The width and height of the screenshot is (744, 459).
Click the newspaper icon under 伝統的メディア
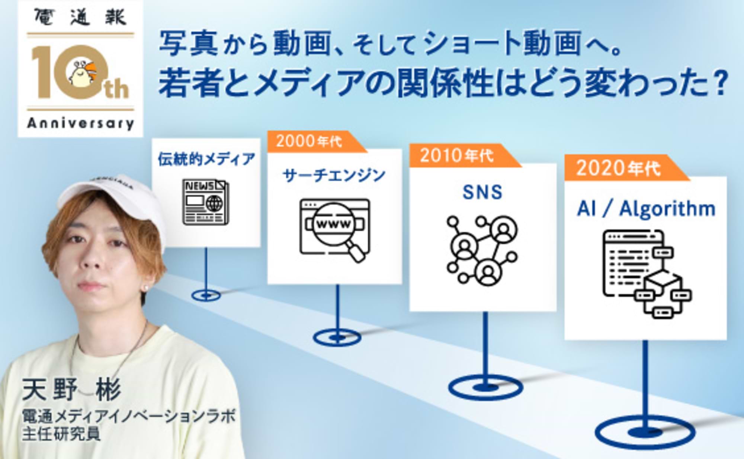pyautogui.click(x=206, y=202)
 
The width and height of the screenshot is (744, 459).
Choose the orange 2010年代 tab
pyautogui.click(x=457, y=155)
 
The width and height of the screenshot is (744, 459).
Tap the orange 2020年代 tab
pyautogui.click(x=618, y=168)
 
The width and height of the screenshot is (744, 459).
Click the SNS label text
pyautogui.click(x=482, y=192)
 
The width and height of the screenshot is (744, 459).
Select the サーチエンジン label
pyautogui.click(x=334, y=175)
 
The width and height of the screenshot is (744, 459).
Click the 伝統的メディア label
pyautogui.click(x=206, y=159)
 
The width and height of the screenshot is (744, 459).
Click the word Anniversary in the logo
pyautogui.click(x=80, y=123)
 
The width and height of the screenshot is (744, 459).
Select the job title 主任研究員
pyautogui.click(x=61, y=434)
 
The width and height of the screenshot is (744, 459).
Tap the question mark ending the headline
pyautogui.click(x=721, y=84)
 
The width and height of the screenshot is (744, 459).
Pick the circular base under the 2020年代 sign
pyautogui.click(x=645, y=432)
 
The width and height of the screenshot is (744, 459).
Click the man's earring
pyautogui.click(x=145, y=288)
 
